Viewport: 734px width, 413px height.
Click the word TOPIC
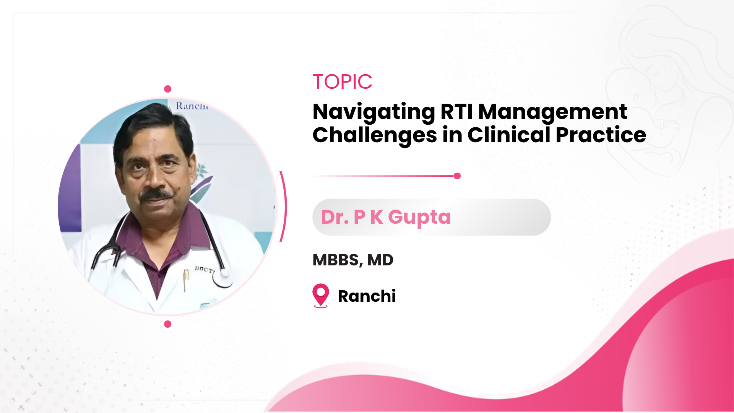(343, 81)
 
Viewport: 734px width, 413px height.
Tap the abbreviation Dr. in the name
(335, 217)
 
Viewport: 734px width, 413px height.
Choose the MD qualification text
(380, 260)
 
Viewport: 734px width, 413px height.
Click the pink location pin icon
(321, 295)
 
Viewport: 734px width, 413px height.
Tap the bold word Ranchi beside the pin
(367, 296)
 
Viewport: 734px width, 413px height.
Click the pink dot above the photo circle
(167, 89)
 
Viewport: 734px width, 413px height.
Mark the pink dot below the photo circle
(167, 324)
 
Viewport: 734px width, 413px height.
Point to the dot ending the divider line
(457, 176)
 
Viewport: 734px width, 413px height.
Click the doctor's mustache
(156, 194)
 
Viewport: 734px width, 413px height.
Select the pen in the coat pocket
(186, 280)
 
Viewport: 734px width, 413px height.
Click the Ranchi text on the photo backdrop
(192, 106)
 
